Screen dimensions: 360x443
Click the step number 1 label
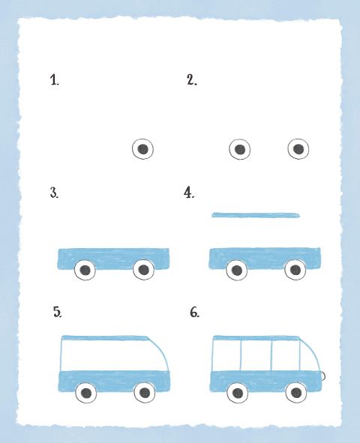coord(55,80)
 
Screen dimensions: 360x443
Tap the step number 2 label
coord(192,79)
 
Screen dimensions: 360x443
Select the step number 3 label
coord(54,193)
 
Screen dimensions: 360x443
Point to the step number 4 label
coord(189,193)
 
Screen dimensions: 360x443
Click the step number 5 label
coord(57,312)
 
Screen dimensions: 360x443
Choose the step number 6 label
coord(194,313)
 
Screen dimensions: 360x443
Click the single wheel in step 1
coord(143,149)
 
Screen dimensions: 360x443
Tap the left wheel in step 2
coord(239,149)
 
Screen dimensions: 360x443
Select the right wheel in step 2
coord(298,149)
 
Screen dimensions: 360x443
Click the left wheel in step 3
coord(85,270)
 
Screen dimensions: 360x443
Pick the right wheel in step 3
coord(143,270)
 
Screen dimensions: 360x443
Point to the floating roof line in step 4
coord(256,215)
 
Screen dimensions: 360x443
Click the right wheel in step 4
coord(295,270)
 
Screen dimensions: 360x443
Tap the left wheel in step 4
coord(236,270)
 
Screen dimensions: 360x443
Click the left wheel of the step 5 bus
coord(86,393)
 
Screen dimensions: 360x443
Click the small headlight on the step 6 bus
coord(323,376)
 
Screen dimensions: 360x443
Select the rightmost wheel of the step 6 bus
coord(296,392)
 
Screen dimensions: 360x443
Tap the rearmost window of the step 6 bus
coord(227,355)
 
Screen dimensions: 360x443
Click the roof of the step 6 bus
coord(256,338)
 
